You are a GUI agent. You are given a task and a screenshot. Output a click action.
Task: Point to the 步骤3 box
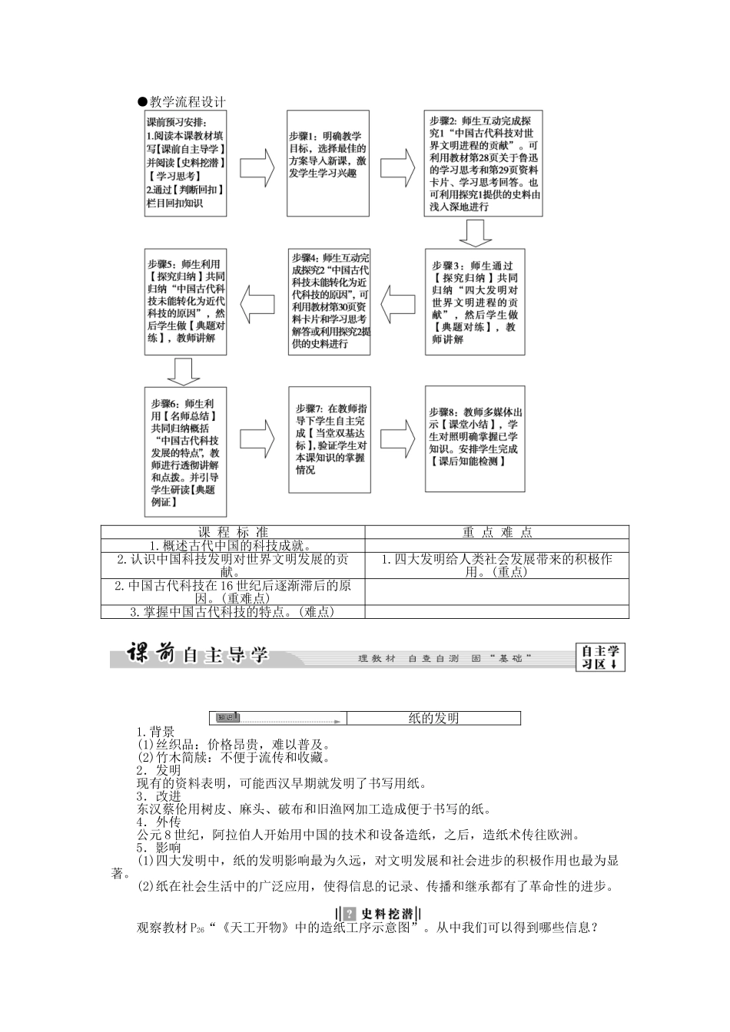pos(475,301)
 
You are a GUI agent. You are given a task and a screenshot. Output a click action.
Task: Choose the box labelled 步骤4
pos(330,301)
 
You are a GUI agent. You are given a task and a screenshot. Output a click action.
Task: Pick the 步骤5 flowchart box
pos(186,301)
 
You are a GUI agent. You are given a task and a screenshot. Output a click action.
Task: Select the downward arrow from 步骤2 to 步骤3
pos(476,233)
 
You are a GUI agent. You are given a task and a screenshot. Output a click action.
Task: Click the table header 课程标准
pos(233,532)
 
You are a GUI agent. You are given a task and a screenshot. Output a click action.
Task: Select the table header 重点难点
pos(497,532)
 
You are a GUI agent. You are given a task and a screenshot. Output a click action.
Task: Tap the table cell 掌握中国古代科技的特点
pos(233,611)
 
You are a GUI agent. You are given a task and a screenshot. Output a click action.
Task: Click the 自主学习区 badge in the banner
pos(600,657)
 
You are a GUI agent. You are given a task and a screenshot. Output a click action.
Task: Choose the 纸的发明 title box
pos(433,718)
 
